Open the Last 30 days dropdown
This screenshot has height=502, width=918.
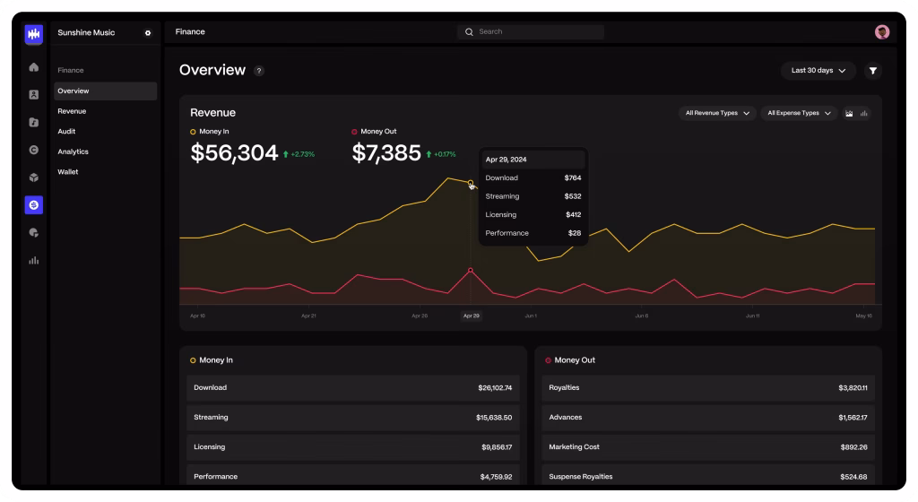pos(818,70)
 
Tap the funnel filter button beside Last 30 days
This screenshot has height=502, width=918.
pos(872,70)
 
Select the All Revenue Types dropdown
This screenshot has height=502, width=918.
pos(717,113)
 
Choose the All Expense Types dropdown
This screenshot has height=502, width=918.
pos(799,113)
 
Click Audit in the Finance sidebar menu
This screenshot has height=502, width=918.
pos(66,132)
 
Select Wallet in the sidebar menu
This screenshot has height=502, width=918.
pos(68,172)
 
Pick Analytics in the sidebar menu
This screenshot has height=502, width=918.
pos(73,151)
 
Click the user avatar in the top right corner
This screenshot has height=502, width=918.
pos(882,31)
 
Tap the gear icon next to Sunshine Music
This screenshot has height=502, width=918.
pos(148,33)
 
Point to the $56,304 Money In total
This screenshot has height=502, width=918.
pos(234,153)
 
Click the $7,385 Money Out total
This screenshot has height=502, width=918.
pos(386,153)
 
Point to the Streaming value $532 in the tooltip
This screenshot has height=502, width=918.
pos(573,196)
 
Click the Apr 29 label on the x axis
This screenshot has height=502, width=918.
pos(471,316)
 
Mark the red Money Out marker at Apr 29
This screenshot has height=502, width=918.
pos(471,270)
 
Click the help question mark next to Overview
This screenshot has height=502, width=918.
pos(259,71)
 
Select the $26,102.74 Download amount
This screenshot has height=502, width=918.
pos(495,388)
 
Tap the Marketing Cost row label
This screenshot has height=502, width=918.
pos(574,446)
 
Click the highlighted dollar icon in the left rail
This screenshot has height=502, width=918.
pos(34,205)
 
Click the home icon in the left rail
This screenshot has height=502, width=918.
pos(34,67)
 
